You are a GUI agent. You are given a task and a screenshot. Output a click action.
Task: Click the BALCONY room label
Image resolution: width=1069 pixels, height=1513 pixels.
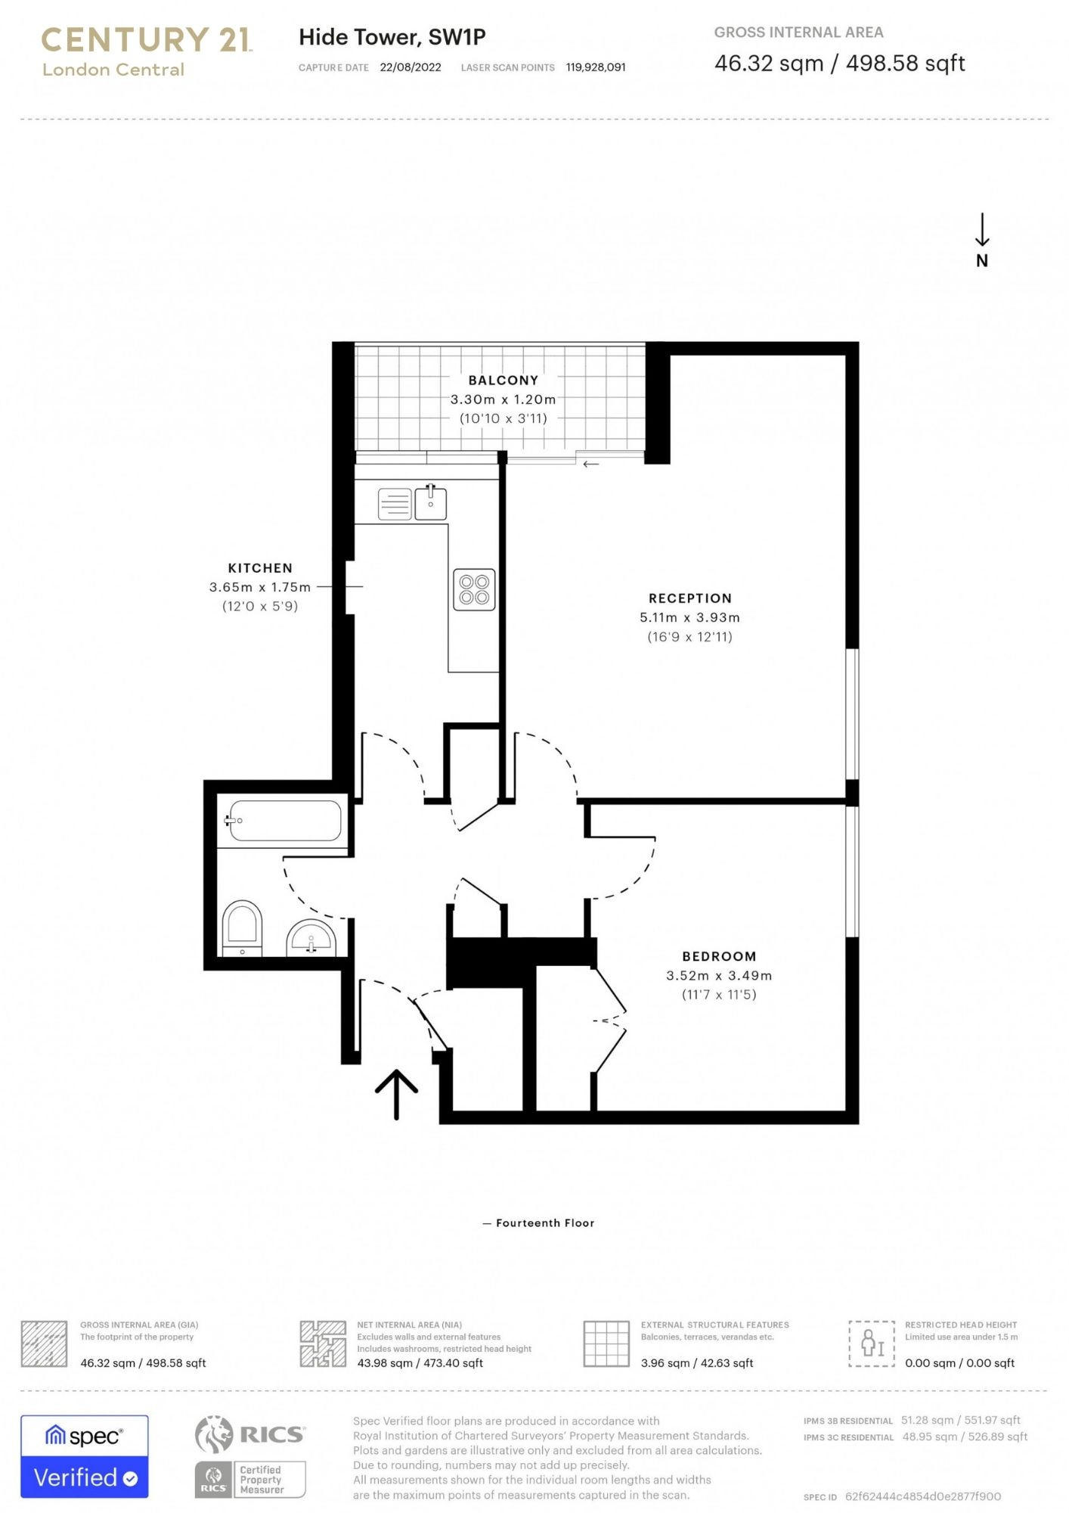tap(503, 381)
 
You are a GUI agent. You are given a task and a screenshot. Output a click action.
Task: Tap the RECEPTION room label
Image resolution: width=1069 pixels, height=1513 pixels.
tap(689, 598)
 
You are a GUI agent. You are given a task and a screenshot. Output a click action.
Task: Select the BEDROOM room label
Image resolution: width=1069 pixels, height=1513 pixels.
tap(718, 956)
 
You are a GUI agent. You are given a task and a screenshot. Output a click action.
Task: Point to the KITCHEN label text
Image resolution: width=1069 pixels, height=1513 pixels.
tap(260, 568)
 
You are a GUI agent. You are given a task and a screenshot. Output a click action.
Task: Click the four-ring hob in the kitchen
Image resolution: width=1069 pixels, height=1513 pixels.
tap(474, 589)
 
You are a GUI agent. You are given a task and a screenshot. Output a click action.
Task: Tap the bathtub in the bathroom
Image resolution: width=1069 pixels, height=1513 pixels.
tap(284, 820)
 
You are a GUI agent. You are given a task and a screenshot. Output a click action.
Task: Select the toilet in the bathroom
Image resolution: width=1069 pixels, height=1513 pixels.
tap(242, 927)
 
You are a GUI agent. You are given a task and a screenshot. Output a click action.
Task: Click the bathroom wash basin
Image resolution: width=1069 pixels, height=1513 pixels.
tap(311, 939)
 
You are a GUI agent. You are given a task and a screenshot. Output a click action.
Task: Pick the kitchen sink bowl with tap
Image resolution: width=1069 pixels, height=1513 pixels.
tap(430, 502)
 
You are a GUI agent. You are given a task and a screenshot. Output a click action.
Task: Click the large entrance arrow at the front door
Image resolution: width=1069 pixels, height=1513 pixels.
tap(396, 1093)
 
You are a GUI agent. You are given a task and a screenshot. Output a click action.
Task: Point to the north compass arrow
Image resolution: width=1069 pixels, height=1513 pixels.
tap(981, 230)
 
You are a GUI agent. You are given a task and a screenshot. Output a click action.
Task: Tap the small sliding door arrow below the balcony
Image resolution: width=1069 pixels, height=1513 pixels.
tap(590, 464)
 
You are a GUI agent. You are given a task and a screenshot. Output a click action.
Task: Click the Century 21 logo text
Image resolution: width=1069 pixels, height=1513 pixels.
tap(146, 39)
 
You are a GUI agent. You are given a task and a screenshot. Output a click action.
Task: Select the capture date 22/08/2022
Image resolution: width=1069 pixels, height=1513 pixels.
tap(411, 67)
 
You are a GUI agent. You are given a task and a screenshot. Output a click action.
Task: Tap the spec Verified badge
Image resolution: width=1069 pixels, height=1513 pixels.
tap(85, 1456)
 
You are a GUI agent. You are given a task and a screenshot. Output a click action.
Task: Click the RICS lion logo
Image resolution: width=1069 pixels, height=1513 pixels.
tap(214, 1434)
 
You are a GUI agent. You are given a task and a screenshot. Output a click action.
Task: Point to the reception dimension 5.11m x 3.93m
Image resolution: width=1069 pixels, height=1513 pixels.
tap(689, 617)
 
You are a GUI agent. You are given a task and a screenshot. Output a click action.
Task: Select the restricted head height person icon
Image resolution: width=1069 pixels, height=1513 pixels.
tap(872, 1344)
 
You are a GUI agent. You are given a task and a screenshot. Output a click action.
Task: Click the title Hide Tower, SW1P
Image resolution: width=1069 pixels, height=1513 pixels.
tap(392, 37)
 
